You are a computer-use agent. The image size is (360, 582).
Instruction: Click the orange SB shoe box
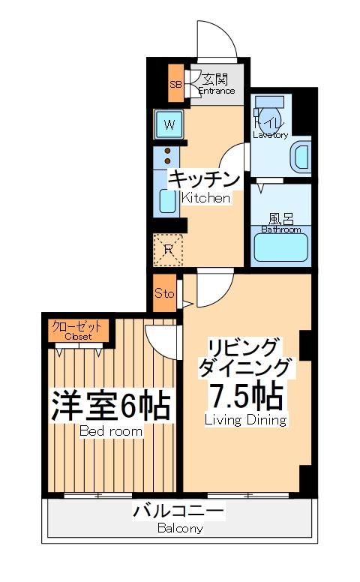point(175,84)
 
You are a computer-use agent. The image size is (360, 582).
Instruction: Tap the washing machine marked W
point(169,124)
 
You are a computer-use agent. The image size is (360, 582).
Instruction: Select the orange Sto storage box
point(164,293)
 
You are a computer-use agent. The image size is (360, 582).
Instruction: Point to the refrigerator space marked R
point(169,249)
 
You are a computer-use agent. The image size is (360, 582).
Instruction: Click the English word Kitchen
point(205,199)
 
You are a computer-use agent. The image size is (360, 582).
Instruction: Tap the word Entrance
point(216,91)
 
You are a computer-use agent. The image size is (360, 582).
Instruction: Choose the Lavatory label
point(270,135)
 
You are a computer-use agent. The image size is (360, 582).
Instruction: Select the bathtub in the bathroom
point(281,247)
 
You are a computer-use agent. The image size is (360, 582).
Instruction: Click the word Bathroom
point(280,229)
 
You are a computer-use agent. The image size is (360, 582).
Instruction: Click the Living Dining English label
point(246,420)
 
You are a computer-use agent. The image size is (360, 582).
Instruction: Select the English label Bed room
point(112,431)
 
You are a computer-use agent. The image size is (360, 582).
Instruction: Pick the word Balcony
point(180,528)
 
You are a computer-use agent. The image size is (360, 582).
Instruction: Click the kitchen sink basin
point(166,202)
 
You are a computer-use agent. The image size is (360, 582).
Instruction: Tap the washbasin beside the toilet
point(301,156)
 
